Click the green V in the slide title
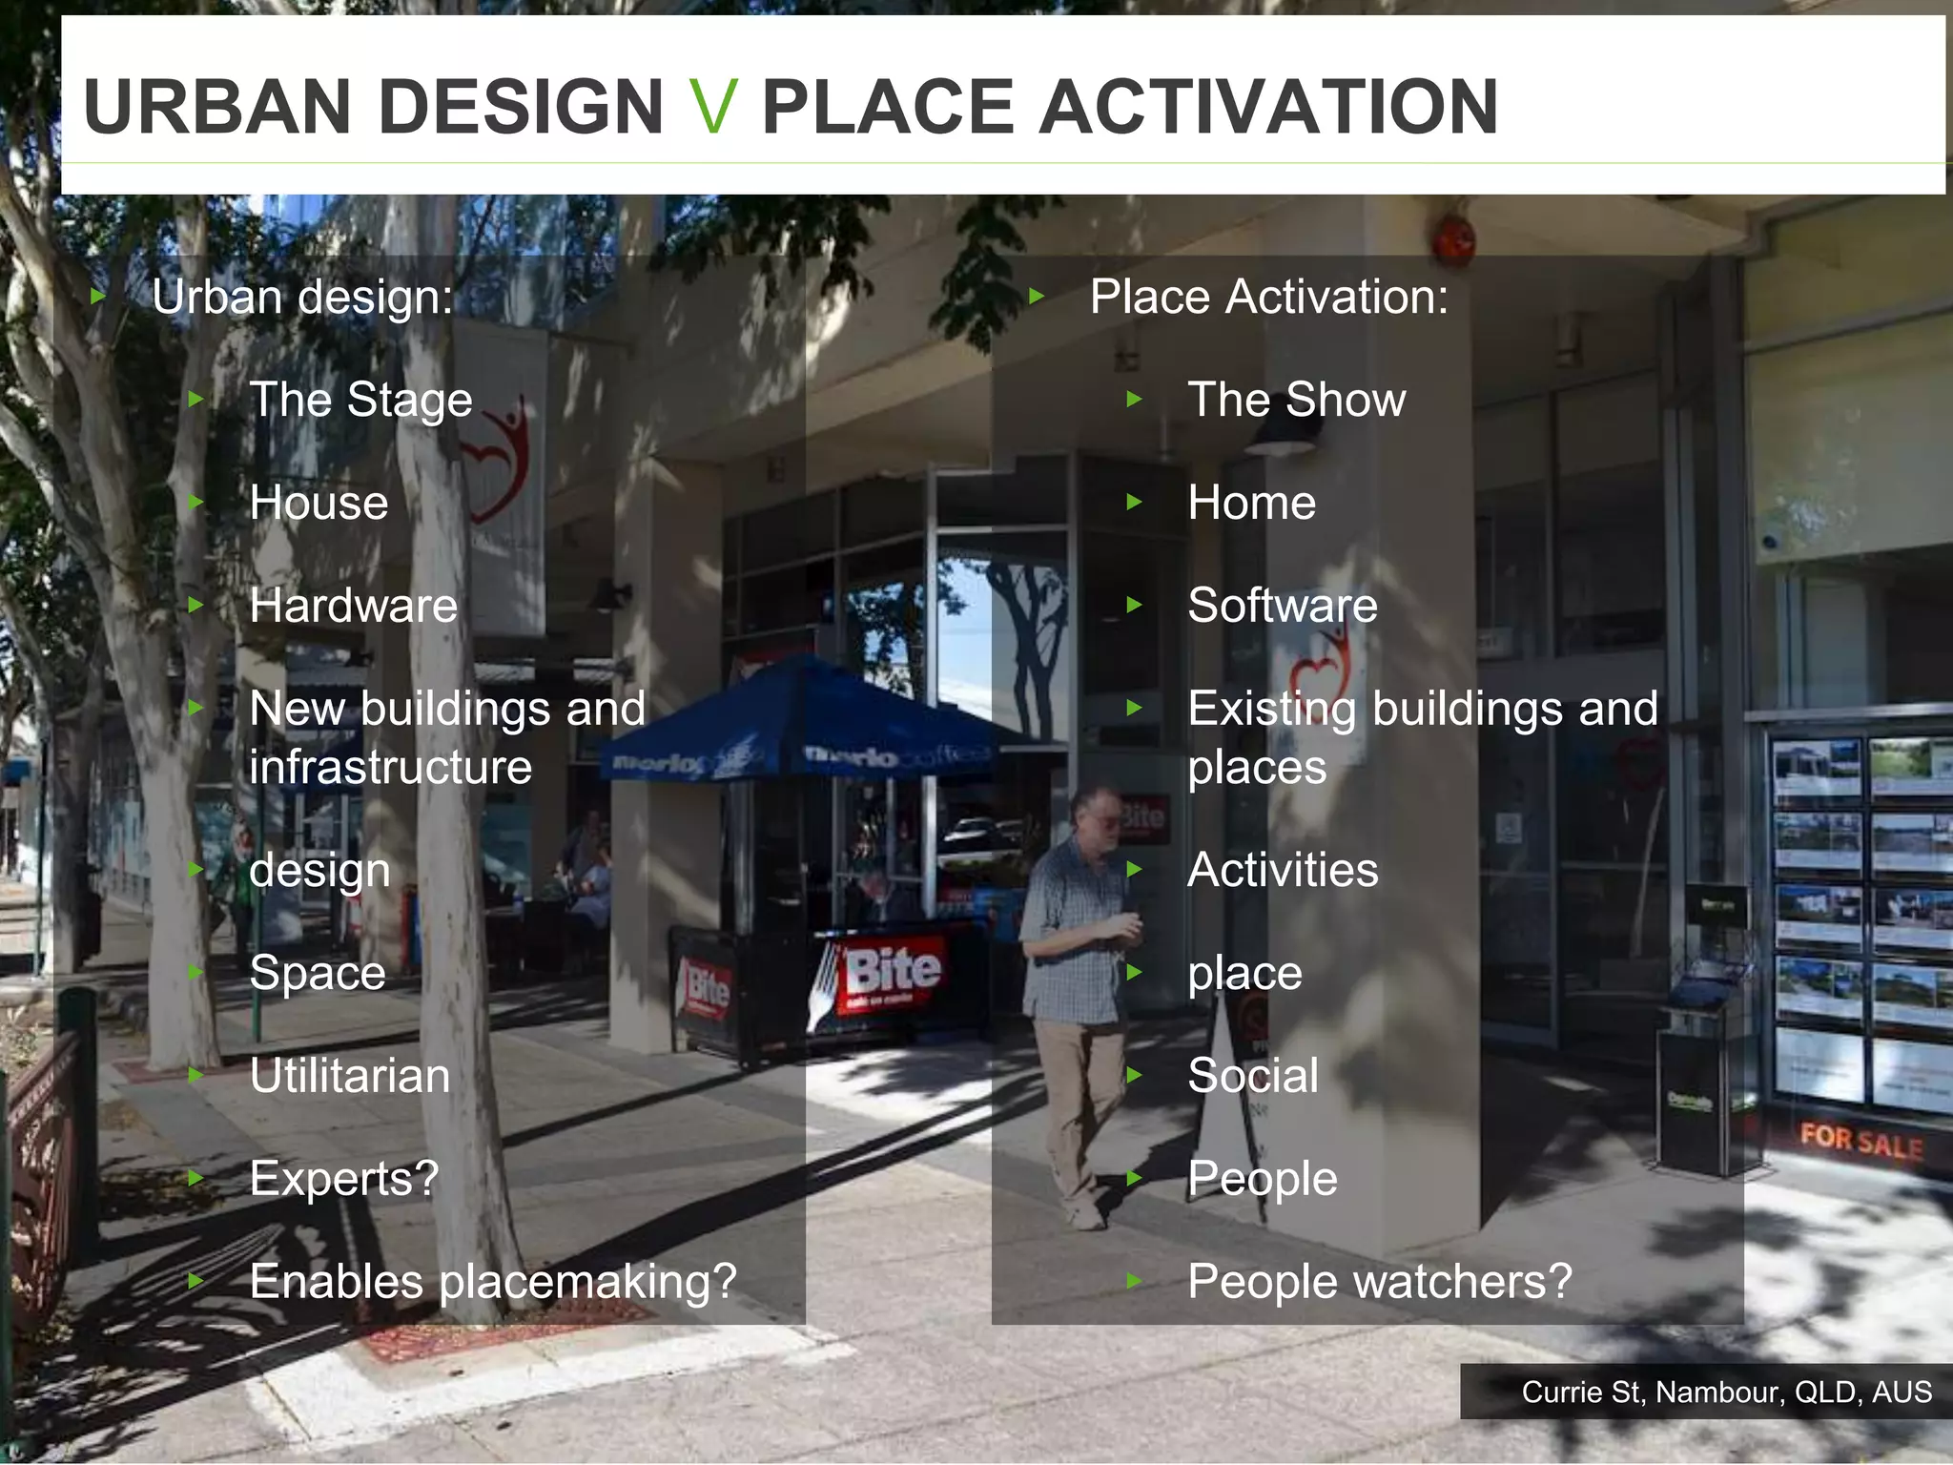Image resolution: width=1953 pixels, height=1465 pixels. coord(712,107)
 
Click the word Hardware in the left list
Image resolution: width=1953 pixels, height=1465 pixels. coord(353,606)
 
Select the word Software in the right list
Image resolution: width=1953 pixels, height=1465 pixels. coord(1282,606)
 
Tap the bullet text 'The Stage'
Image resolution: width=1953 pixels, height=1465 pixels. coord(360,400)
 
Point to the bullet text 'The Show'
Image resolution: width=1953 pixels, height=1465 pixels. coord(1296,400)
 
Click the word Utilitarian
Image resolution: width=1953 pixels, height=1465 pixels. coord(349,1076)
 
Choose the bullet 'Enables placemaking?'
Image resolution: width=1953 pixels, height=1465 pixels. coord(492,1281)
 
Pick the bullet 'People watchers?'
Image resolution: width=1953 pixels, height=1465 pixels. coord(1379,1281)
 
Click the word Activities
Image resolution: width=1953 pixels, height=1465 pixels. coord(1283,870)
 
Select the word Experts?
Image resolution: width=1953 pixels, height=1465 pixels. coord(343,1179)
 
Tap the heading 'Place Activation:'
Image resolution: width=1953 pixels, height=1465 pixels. coord(1268,297)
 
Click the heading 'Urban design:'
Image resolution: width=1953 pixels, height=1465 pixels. coord(302,297)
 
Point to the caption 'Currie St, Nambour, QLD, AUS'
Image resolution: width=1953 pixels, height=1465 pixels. coord(1726,1393)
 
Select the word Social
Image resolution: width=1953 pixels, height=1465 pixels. coord(1252,1076)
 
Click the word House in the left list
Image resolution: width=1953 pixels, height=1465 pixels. coord(319,503)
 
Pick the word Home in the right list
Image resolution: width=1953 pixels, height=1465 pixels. coord(1251,503)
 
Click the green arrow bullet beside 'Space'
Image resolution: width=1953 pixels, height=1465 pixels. coord(196,972)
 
